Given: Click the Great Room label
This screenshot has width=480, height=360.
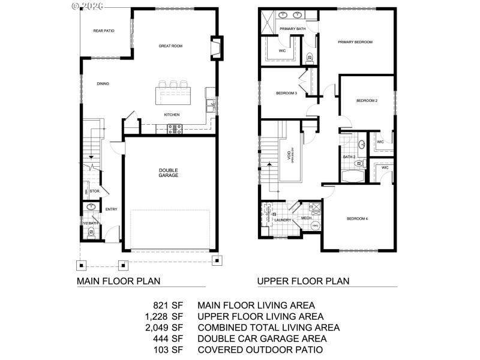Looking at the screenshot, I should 170,46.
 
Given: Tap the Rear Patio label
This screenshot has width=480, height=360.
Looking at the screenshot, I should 104,31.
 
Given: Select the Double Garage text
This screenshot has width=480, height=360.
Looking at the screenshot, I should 169,173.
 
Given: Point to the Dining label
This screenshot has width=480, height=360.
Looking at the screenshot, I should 103,83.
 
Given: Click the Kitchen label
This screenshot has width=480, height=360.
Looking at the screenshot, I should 172,115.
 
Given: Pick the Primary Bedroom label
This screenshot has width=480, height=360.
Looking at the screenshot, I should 355,42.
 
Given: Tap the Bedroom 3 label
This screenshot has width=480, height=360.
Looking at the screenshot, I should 286,93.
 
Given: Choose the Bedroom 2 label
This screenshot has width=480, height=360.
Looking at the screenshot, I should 367,100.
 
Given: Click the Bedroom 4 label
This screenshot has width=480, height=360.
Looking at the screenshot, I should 357,218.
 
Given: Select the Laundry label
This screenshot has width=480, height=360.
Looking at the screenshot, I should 283,220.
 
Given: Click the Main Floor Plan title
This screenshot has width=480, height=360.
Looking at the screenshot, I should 118,280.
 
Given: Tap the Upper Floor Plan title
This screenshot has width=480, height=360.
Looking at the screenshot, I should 303,280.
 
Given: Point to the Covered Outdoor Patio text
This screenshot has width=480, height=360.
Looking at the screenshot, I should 260,349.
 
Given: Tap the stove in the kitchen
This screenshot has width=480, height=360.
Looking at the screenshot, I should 175,128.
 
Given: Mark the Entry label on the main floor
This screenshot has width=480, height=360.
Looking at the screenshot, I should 111,209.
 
